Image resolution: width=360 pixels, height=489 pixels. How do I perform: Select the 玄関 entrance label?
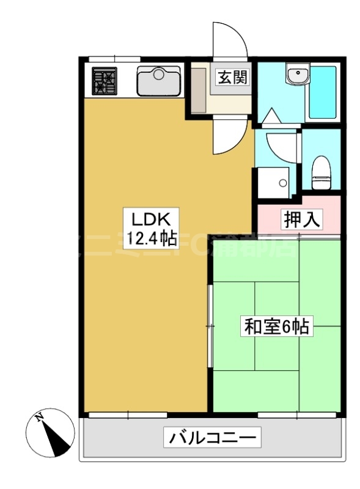[x=232, y=78]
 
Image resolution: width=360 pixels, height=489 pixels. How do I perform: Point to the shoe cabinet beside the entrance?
[x=198, y=88]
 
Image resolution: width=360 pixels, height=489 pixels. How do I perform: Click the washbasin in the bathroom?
[x=298, y=76]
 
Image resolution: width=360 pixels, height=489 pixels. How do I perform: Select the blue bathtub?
[x=323, y=92]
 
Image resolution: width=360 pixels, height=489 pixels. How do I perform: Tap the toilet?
[x=321, y=171]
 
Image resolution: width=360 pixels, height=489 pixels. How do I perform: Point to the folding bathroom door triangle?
[x=271, y=117]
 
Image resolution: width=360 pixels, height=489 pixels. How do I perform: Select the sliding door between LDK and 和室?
[x=210, y=327]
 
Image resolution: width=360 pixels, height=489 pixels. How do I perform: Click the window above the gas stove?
[x=114, y=59]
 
